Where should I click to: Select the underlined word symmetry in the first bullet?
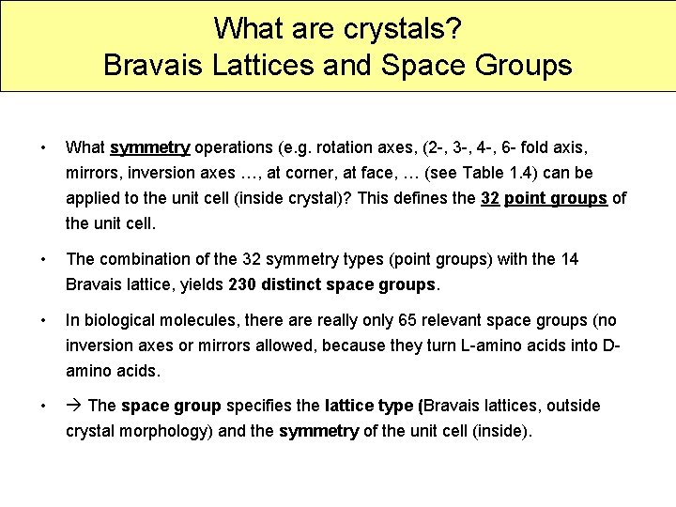[x=150, y=147]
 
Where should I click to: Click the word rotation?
[x=345, y=147]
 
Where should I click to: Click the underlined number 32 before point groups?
[x=489, y=198]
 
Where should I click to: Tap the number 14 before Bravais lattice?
[x=569, y=259]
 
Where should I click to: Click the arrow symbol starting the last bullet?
[x=74, y=406]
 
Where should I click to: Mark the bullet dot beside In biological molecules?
[x=42, y=320]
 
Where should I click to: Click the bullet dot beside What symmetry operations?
[x=42, y=147]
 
